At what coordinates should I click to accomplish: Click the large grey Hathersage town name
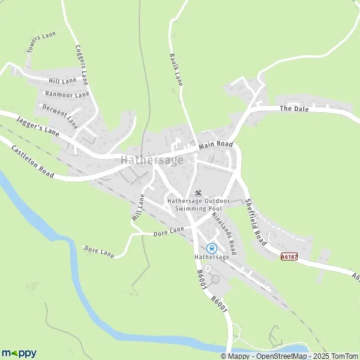pos(152,160)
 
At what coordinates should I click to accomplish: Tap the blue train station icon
pos(211,248)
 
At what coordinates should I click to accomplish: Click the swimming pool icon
pos(199,192)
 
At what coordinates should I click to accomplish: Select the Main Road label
pos(215,145)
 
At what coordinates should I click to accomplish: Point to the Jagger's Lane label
pos(38,126)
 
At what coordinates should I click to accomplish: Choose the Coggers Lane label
pos(82,65)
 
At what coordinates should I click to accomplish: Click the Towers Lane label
pos(41,43)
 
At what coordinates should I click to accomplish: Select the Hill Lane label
pos(62,80)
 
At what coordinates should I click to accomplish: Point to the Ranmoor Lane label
pos(67,94)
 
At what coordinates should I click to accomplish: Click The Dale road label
pos(293,109)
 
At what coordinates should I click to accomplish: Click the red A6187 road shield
pos(289,256)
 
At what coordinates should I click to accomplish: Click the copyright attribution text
pos(289,356)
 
